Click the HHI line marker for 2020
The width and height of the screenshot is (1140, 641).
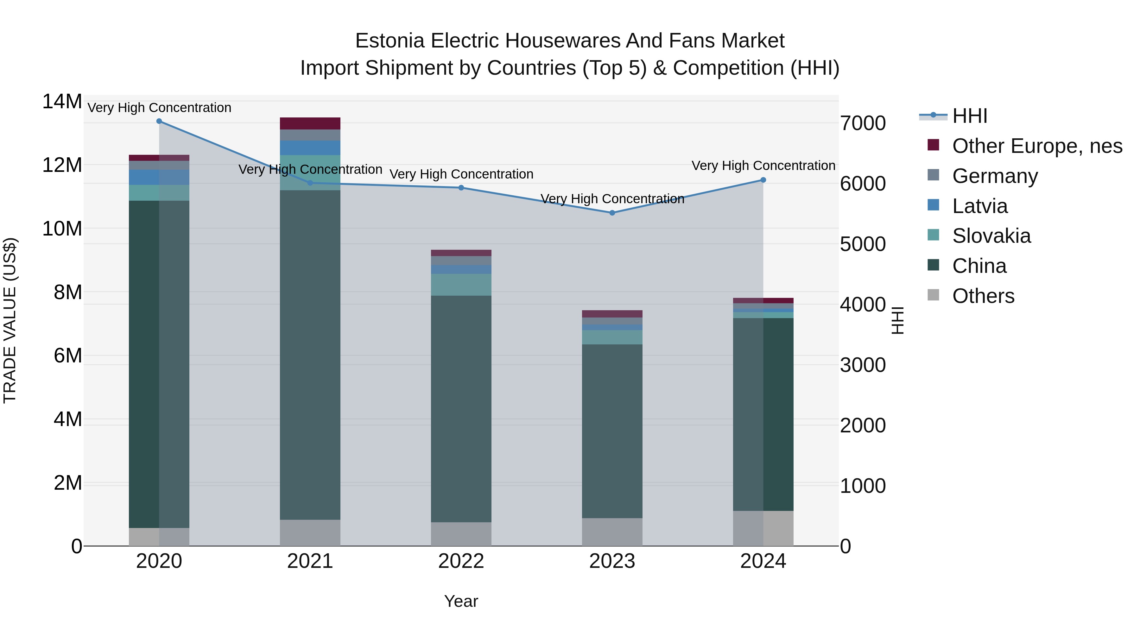[x=159, y=121]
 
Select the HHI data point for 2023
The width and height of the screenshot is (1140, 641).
[x=612, y=213]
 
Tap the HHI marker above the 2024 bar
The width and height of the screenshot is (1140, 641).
[x=763, y=180]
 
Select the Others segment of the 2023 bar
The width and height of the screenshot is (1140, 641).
[x=612, y=532]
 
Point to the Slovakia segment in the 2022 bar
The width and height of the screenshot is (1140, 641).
[x=461, y=285]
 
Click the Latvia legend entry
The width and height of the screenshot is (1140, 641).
[x=979, y=206]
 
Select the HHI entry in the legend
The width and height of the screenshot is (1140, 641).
[x=969, y=116]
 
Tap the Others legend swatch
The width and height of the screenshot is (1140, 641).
[x=933, y=295]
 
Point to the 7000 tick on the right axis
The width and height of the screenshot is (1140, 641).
[x=863, y=123]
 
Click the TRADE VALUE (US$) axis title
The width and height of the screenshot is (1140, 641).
[x=10, y=320]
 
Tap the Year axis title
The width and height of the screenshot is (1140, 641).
[x=461, y=601]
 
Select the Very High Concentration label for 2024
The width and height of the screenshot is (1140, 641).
[x=763, y=166]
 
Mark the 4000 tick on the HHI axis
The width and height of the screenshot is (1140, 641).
[x=863, y=305]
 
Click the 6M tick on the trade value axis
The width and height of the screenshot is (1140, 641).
[x=68, y=356]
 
